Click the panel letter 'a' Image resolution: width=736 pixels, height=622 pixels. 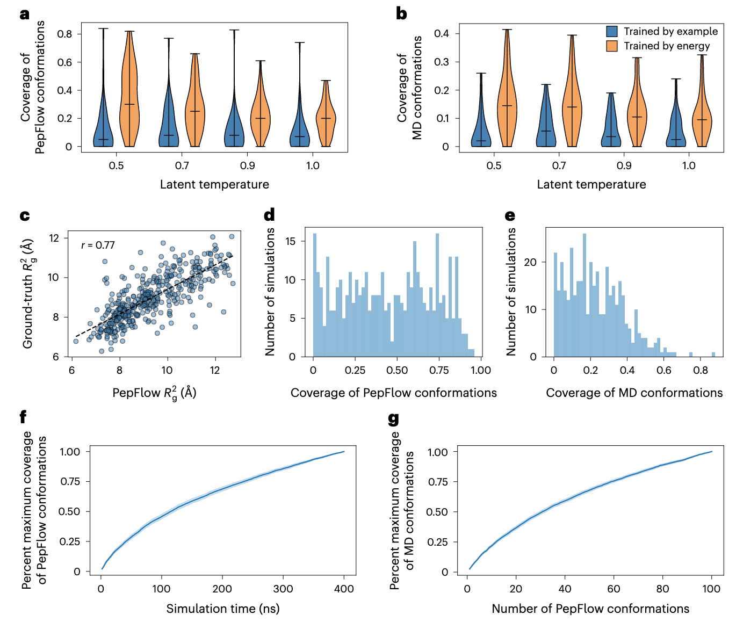coord(24,14)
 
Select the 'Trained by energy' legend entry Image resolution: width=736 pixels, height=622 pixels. coord(666,46)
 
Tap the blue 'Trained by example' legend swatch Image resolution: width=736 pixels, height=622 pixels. coord(611,32)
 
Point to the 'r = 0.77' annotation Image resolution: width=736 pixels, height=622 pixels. coord(98,245)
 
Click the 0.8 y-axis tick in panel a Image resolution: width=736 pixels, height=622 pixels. coord(64,34)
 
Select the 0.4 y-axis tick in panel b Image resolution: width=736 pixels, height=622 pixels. coord(442,33)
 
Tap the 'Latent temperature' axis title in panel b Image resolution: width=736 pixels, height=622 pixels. coord(591,185)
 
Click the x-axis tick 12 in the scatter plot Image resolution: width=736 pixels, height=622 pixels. coord(215,370)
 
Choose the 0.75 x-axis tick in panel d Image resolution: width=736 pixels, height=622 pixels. coord(439,370)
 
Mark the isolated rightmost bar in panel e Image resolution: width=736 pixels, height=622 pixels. coord(713,354)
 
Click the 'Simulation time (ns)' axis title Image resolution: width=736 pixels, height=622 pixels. coord(222,609)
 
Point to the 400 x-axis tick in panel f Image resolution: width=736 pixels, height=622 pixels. coord(344,589)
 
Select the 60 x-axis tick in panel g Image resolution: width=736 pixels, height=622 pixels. coord(614,589)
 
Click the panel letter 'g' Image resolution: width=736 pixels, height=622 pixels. coord(393,418)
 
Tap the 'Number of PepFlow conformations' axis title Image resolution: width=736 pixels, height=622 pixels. coord(590,609)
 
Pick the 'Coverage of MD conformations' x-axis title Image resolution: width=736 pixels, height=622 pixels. coord(634,393)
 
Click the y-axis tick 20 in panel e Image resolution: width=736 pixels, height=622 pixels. coord(530,262)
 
